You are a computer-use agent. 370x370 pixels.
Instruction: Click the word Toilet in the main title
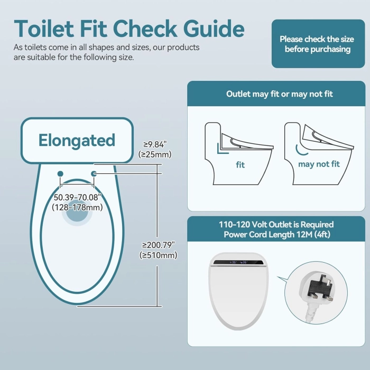(44, 29)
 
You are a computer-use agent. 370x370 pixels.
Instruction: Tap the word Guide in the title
(214, 29)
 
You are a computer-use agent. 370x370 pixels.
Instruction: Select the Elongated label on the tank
(77, 140)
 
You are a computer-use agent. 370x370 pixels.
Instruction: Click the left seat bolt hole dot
(60, 174)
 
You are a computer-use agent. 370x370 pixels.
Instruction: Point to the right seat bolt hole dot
(94, 174)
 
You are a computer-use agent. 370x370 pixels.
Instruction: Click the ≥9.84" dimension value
(155, 144)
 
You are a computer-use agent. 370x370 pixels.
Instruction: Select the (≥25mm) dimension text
(155, 154)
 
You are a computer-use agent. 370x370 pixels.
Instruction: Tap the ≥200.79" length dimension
(159, 245)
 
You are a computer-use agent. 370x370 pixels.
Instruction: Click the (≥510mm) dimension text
(158, 255)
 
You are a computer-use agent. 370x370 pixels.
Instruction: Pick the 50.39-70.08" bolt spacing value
(77, 197)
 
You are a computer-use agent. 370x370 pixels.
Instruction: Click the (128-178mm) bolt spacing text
(77, 207)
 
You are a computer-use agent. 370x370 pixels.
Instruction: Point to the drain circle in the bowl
(77, 211)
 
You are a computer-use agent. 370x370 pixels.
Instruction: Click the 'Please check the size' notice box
(318, 44)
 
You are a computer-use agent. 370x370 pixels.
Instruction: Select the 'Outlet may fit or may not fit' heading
(280, 94)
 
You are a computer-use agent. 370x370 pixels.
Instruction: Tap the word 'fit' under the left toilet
(240, 165)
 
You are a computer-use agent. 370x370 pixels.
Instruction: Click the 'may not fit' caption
(319, 164)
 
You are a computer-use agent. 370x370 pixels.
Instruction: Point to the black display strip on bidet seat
(238, 262)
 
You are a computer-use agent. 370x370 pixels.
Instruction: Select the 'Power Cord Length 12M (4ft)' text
(277, 235)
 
